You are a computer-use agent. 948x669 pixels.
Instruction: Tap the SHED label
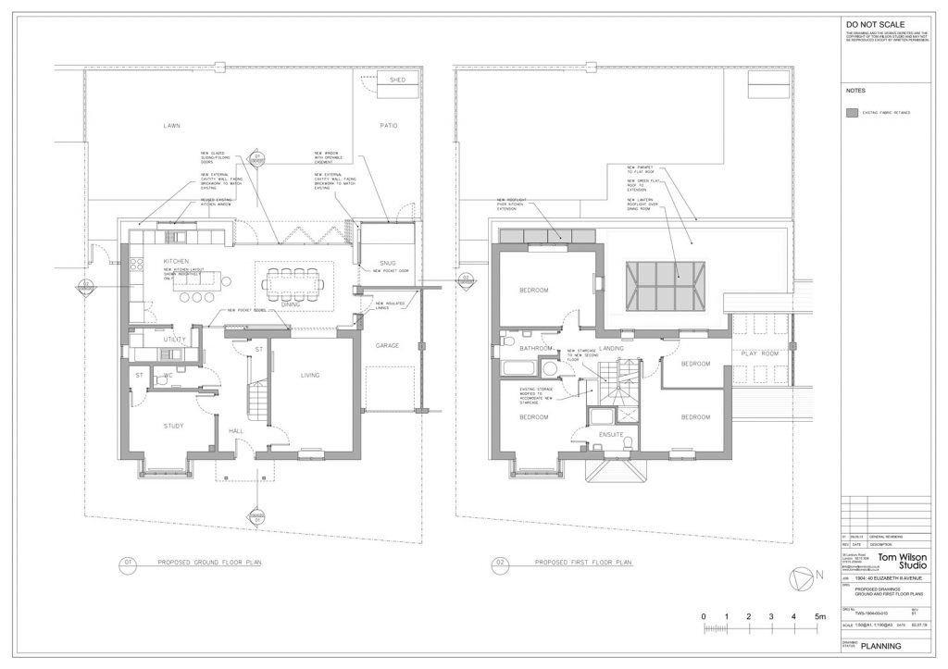pyautogui.click(x=397, y=81)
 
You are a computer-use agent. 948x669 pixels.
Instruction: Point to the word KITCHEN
pyautogui.click(x=176, y=262)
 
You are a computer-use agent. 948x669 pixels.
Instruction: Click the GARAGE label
pyautogui.click(x=387, y=345)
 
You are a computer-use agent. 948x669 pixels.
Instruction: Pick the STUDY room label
pyautogui.click(x=173, y=426)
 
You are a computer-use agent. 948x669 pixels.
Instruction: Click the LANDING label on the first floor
pyautogui.click(x=613, y=348)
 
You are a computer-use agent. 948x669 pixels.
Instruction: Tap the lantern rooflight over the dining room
pyautogui.click(x=667, y=285)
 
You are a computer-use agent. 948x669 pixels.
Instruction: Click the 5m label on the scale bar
pyautogui.click(x=819, y=616)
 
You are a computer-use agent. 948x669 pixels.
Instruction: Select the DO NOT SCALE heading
pyautogui.click(x=873, y=25)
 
